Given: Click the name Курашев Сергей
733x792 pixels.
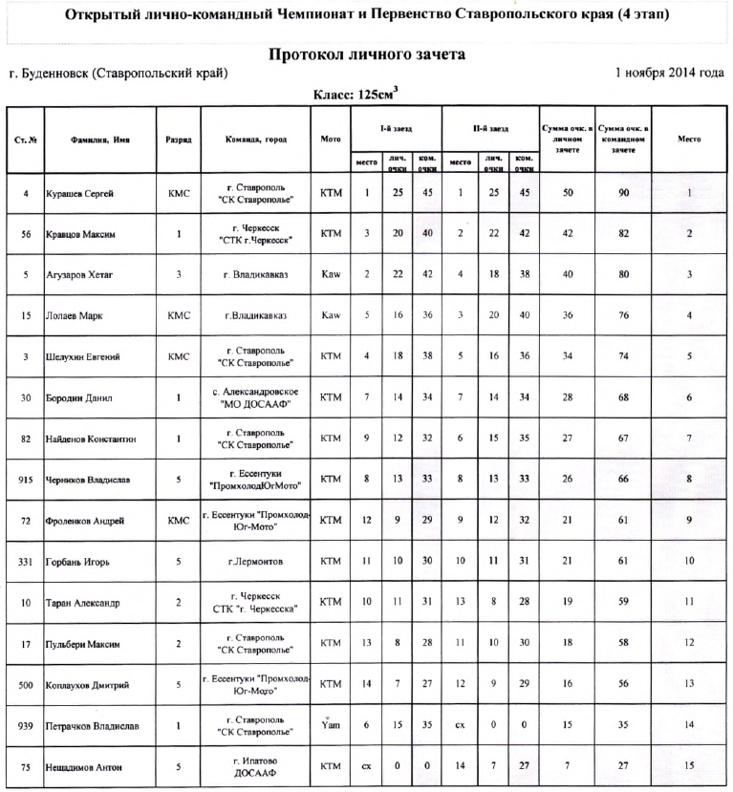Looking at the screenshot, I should click(80, 193).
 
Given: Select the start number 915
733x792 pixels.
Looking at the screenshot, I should click(26, 480).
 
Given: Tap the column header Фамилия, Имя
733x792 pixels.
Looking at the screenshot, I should click(100, 139).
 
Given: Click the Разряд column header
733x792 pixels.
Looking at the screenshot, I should click(179, 139).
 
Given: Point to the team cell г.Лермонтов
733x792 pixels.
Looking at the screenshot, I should click(256, 562).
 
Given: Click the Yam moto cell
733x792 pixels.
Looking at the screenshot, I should click(331, 726).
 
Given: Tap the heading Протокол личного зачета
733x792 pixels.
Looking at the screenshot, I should click(366, 54).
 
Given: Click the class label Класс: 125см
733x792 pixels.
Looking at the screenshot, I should click(356, 95).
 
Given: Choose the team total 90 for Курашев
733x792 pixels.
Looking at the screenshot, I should click(622, 193).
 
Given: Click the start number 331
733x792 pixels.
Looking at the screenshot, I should click(26, 562).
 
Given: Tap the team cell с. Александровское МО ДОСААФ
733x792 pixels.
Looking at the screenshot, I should click(256, 397).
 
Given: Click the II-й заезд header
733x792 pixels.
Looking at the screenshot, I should click(490, 126).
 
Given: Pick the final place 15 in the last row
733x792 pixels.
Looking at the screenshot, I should click(688, 766).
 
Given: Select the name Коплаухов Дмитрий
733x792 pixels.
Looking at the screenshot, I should click(88, 685).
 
